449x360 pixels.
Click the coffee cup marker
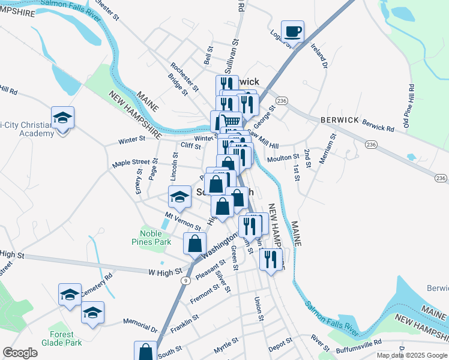(x=292, y=31)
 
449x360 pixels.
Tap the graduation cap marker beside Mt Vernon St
(x=179, y=196)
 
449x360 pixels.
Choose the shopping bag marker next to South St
(x=145, y=351)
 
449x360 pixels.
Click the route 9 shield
(x=187, y=280)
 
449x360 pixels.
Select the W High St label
(x=165, y=272)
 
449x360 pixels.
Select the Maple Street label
(x=131, y=163)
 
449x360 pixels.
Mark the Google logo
(x=20, y=352)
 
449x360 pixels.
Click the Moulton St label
(x=283, y=157)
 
